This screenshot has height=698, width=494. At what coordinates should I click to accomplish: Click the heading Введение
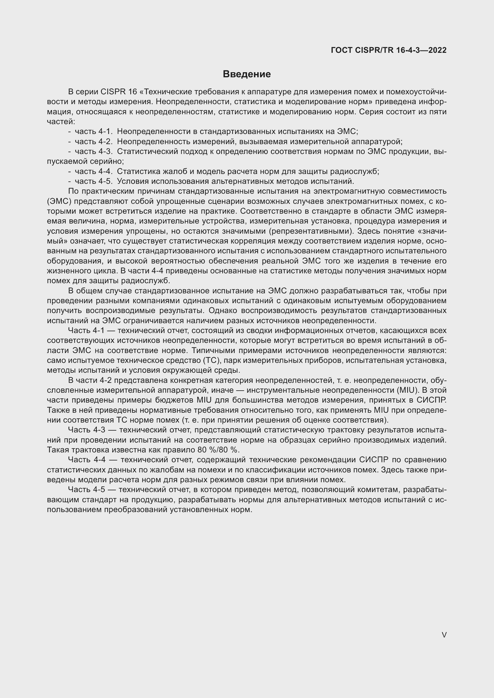(246, 74)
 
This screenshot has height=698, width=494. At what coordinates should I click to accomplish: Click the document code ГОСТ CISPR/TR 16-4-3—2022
(389, 50)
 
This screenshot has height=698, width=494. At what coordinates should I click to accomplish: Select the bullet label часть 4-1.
(93, 131)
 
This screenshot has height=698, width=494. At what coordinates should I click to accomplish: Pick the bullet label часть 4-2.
(93, 141)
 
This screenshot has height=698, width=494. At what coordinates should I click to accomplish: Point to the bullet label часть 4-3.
(93, 151)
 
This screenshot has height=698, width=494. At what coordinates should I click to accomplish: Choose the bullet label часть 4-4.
(93, 172)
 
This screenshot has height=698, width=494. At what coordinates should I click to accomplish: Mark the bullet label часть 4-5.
(93, 181)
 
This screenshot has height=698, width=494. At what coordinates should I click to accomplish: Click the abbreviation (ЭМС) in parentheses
(59, 201)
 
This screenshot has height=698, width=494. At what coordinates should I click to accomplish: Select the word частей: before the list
(61, 121)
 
